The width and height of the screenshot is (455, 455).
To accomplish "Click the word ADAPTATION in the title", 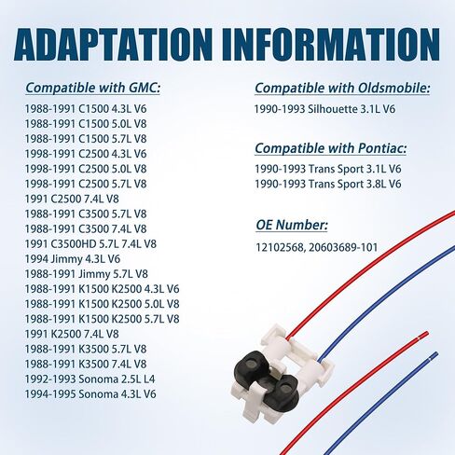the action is click(115, 45).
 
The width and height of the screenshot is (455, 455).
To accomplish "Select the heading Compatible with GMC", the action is click(92, 89).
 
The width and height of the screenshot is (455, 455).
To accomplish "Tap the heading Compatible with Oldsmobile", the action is click(342, 89).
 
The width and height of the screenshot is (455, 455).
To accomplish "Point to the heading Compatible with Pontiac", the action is click(331, 148).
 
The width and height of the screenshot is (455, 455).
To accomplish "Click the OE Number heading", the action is click(292, 225).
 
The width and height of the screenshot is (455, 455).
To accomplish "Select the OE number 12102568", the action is click(280, 248).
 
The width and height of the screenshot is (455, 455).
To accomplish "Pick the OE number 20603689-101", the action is click(343, 248).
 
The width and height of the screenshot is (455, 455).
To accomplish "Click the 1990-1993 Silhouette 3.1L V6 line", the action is click(324, 109).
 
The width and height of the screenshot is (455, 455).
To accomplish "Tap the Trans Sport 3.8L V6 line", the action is click(328, 184).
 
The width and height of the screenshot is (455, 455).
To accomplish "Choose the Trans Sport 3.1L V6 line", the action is click(328, 169).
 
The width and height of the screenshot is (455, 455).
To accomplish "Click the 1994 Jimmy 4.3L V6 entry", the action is click(73, 259).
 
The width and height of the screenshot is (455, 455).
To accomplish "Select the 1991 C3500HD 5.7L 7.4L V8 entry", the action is click(90, 244).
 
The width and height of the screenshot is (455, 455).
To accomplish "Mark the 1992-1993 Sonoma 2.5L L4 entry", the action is click(90, 379).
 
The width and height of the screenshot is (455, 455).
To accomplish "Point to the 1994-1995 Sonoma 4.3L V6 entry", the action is click(90, 394).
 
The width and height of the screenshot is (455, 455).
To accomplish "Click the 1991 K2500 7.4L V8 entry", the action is click(72, 334).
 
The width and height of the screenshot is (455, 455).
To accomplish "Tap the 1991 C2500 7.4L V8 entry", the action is click(72, 199).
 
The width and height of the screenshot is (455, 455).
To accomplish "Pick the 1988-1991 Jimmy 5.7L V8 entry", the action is click(87, 274).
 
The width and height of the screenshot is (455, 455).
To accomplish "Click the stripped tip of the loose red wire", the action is click(424, 335).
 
